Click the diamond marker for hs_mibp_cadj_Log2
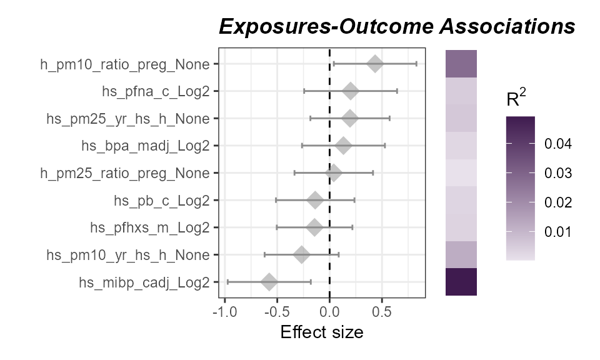269,282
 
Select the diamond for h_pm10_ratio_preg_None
375,64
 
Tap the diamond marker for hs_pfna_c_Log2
351,91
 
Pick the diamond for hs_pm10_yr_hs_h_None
302,254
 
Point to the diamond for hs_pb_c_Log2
316,200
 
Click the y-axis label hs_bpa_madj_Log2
145,146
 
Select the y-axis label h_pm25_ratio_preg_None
124,173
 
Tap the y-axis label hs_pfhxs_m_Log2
149,227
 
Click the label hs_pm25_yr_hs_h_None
128,119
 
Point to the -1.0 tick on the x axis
224,311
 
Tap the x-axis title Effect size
321,332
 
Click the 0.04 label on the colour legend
557,144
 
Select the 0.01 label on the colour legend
557,232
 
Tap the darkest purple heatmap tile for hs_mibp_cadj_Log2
461,282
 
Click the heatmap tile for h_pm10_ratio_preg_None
461,64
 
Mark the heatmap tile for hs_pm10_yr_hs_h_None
461,254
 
